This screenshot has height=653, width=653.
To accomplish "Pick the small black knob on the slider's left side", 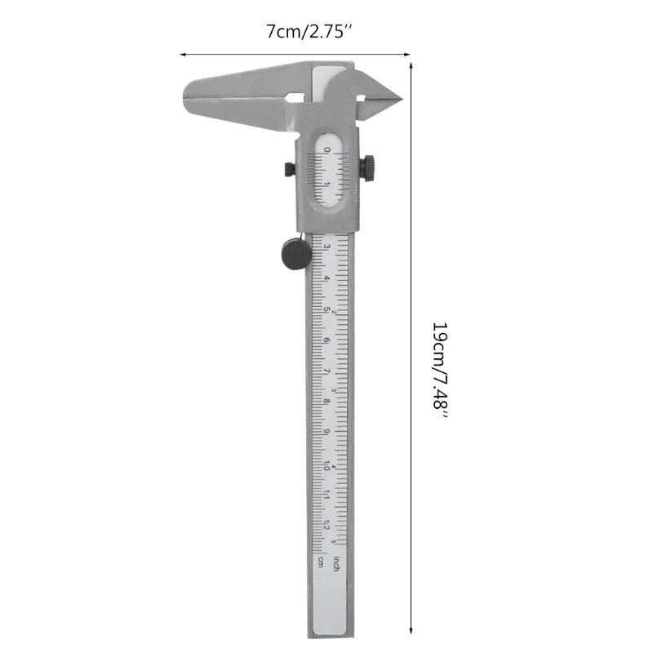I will [x=288, y=168].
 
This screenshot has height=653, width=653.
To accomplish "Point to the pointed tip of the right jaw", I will [x=400, y=99].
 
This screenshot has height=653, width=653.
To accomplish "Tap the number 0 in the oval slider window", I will [x=327, y=150].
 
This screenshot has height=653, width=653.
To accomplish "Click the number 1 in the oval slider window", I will [x=327, y=184].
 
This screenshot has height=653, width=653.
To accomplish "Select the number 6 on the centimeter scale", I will [x=326, y=340].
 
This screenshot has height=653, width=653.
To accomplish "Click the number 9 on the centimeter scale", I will [x=326, y=433].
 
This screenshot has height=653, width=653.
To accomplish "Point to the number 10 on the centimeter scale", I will [x=326, y=465].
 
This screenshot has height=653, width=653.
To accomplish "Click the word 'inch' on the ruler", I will [x=335, y=562].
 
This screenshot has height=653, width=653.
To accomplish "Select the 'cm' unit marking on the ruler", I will [x=320, y=562].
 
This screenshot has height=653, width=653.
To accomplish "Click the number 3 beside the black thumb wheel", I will [x=326, y=247].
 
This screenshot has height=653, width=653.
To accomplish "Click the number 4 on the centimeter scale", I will [x=326, y=278].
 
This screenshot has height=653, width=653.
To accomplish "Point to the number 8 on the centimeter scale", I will [x=326, y=402].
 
